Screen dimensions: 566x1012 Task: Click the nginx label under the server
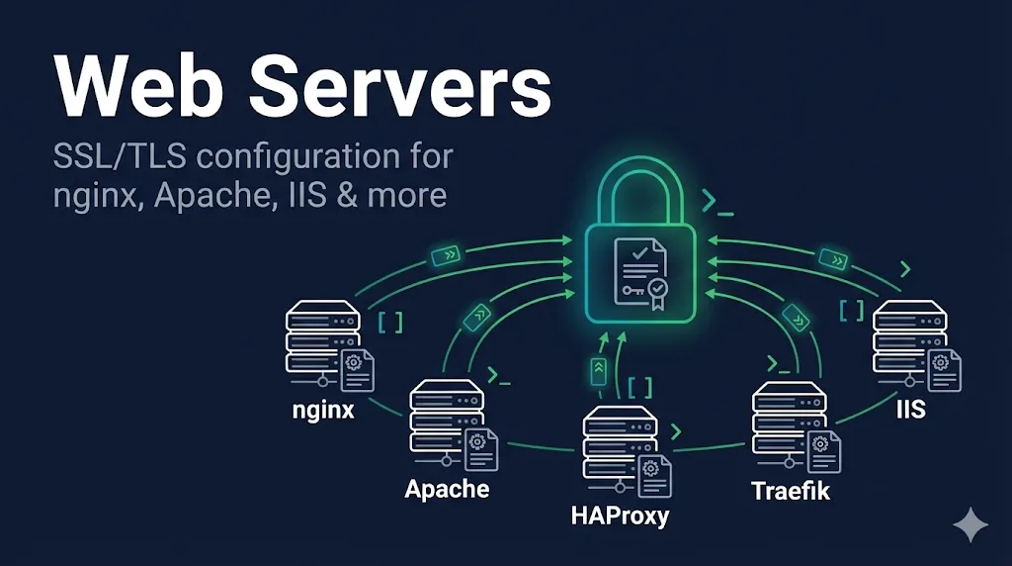point(323,409)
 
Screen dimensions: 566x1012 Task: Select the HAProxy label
point(620,515)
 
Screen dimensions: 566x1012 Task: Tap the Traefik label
point(790,491)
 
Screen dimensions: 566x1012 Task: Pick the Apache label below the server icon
point(447,488)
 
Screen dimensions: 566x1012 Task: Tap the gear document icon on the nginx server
point(357,368)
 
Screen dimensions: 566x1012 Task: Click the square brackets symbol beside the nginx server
point(389,323)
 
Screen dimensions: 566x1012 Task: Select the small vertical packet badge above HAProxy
point(598,371)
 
